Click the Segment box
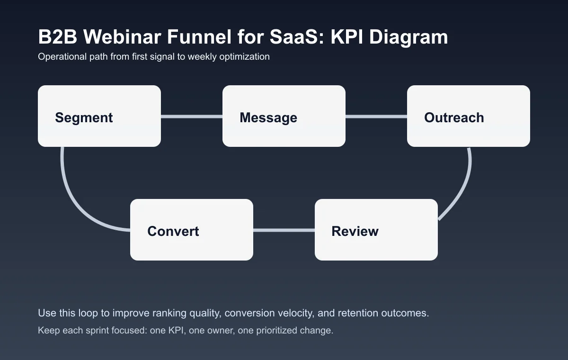(99, 116)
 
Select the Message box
(284, 116)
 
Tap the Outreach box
(469, 116)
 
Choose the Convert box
(192, 230)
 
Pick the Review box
(376, 230)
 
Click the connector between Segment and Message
(192, 117)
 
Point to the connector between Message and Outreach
(376, 117)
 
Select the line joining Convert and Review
(284, 230)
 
